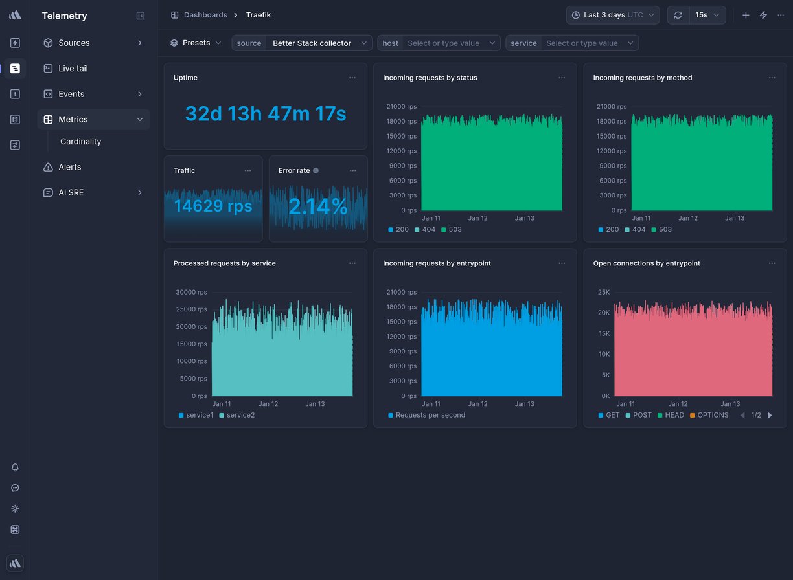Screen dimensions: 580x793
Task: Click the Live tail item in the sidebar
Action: coord(73,69)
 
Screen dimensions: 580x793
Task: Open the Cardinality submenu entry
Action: coord(80,142)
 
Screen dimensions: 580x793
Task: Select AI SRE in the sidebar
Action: coord(71,193)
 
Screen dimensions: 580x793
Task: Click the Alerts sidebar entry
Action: coord(69,167)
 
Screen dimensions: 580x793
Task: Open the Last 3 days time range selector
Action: coord(612,15)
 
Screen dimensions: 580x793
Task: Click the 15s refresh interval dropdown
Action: coord(707,15)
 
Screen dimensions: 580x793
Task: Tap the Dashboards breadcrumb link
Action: coord(205,15)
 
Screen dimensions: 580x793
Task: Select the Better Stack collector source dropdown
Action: coord(319,43)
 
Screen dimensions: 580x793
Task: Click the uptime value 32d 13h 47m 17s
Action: coord(266,114)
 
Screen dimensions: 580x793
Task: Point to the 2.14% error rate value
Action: coord(318,206)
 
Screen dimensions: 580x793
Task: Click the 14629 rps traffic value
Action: coord(213,206)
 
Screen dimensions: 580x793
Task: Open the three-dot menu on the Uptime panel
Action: coord(352,78)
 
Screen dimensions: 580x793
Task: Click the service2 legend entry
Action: coord(240,415)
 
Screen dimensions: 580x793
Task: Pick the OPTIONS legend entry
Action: coord(713,415)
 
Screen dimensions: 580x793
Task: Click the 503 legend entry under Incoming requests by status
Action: coord(455,230)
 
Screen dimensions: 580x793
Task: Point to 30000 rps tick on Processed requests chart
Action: coord(192,293)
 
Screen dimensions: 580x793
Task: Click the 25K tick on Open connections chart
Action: coord(603,293)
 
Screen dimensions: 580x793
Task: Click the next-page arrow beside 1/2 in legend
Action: coord(770,416)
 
